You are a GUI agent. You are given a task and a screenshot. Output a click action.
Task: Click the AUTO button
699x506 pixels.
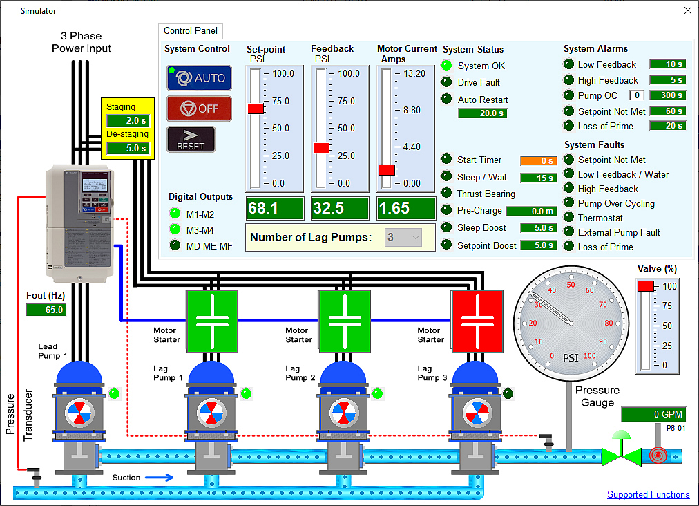199,78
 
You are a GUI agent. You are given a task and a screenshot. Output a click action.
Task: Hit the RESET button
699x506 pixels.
191,139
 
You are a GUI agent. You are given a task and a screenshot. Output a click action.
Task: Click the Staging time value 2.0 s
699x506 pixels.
128,121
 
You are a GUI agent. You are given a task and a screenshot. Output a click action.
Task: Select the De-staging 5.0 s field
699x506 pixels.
128,148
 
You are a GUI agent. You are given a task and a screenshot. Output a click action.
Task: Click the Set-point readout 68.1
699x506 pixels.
274,208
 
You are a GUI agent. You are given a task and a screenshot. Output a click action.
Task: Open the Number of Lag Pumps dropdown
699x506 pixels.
404,238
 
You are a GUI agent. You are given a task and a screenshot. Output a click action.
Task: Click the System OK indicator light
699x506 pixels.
447,66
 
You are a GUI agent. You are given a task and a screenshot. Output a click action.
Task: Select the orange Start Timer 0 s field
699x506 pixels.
538,160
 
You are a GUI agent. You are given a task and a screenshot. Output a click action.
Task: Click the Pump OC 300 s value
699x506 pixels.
667,95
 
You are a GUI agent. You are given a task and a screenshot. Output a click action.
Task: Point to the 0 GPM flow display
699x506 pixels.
653,414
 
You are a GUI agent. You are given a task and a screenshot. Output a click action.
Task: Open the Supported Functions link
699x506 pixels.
648,494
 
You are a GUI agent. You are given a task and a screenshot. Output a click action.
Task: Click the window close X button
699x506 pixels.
687,10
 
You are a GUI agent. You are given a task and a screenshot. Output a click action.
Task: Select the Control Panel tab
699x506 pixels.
191,30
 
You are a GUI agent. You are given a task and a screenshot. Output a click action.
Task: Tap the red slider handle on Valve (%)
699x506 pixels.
646,286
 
